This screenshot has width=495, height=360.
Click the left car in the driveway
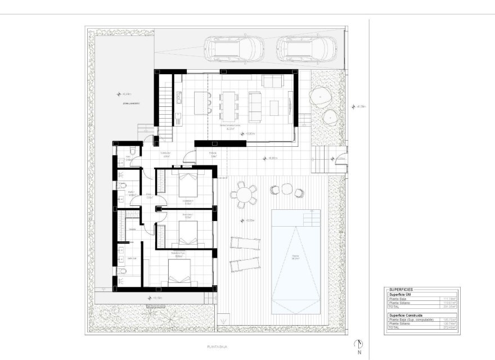(232, 48)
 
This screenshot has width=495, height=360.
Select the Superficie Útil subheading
(400, 294)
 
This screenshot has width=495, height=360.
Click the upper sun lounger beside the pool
(245, 243)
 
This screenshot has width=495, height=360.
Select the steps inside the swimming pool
(310, 217)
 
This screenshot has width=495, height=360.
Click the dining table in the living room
(229, 106)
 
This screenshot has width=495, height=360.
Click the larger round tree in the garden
(320, 96)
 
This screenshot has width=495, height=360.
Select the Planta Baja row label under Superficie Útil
(397, 299)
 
